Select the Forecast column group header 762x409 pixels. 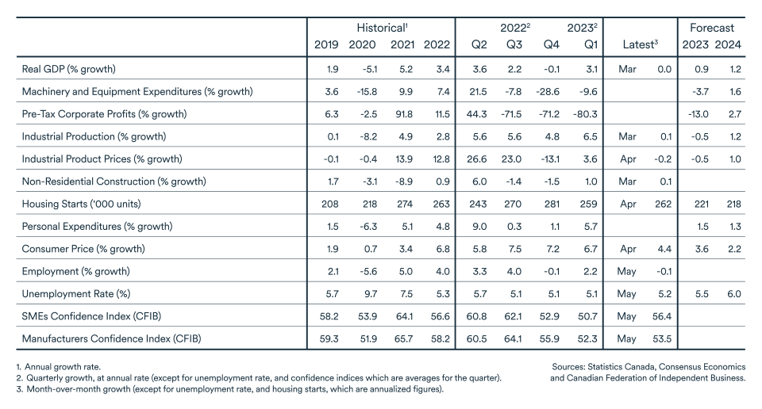[711, 28]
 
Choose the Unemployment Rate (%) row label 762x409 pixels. [77, 293]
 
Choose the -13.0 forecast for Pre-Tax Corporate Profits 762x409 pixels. [695, 114]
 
